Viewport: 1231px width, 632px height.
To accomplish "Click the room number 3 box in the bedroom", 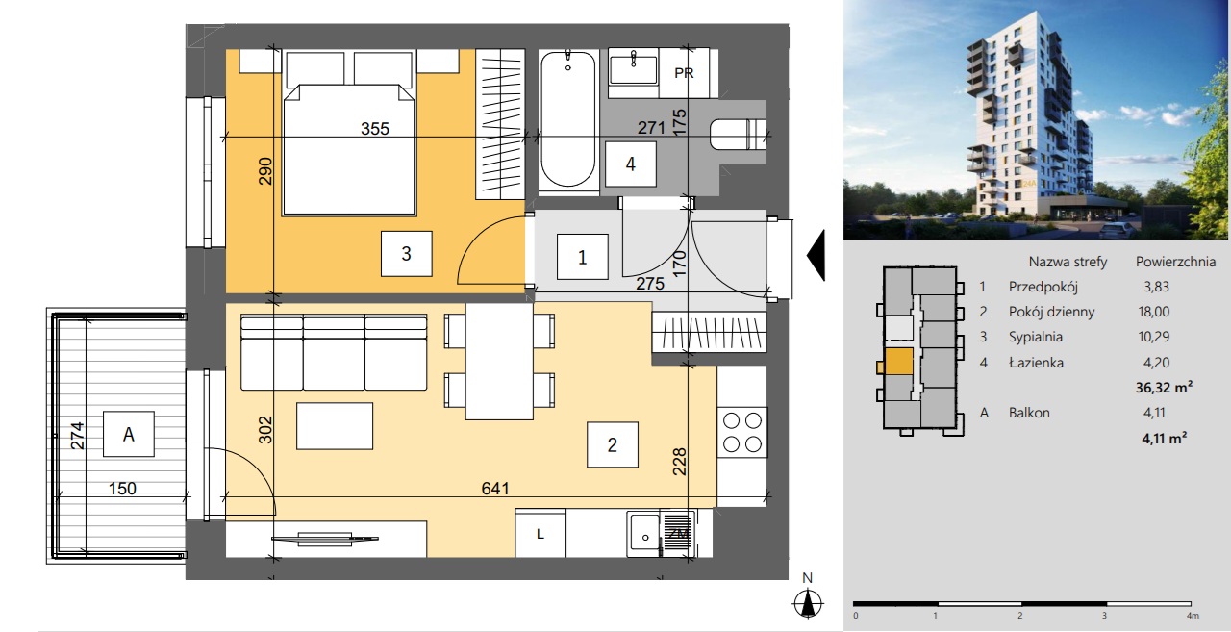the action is [406, 253].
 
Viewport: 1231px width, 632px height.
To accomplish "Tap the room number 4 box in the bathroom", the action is [630, 164].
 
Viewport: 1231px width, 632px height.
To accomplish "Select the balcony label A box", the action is [129, 434].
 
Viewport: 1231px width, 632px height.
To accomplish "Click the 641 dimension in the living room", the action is [495, 488].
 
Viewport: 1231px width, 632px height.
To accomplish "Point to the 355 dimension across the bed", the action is [375, 129].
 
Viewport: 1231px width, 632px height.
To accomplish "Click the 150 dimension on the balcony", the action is [122, 488].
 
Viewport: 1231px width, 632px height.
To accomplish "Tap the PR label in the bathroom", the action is [684, 73].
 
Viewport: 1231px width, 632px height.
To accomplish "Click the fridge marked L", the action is [540, 534].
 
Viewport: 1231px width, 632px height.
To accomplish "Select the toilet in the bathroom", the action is [738, 135].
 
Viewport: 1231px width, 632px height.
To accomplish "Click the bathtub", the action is [567, 121].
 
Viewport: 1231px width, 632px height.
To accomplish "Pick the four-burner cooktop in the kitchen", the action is [741, 433].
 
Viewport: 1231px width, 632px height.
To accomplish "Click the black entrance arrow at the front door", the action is [816, 256].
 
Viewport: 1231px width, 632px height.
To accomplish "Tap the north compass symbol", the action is [807, 603].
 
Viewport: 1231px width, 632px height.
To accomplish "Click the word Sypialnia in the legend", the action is [1036, 337].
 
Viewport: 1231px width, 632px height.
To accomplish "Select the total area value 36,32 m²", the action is [1164, 388].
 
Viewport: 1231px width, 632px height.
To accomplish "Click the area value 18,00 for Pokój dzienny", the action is [1153, 312].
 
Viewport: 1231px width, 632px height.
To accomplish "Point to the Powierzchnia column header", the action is [1175, 262].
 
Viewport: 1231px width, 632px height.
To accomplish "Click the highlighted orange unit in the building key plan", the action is [898, 362].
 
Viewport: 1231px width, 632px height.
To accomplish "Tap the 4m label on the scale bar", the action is [1192, 616].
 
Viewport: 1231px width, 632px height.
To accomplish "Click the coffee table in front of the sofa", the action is [335, 426].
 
